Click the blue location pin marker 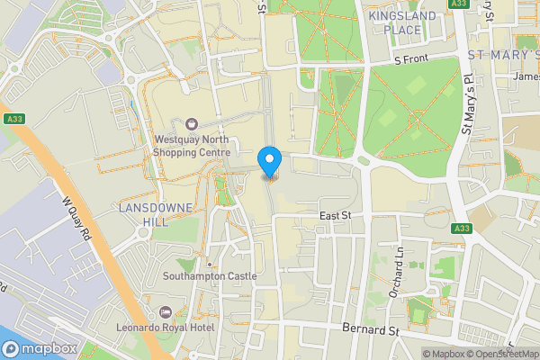point(269,161)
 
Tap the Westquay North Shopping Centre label point(192,146)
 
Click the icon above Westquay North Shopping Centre point(191,124)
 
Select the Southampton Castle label point(209,276)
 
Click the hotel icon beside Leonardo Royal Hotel point(164,310)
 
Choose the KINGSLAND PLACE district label point(402,23)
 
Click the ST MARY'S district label point(503,56)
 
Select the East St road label point(336,217)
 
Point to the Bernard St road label point(370,330)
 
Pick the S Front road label point(414,59)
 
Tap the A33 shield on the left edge point(13,119)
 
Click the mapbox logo point(38,349)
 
